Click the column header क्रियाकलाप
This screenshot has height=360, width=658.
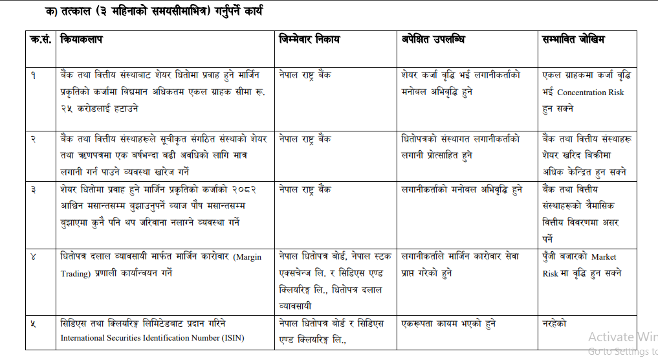(x=82, y=40)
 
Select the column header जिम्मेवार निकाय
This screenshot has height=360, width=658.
(x=310, y=40)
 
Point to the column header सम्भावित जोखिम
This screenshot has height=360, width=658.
(x=574, y=40)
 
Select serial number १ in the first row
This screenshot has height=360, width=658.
(x=34, y=75)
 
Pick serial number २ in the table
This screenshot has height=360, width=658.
(x=34, y=139)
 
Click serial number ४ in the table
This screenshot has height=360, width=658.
(x=34, y=256)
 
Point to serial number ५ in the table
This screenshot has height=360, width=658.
(x=34, y=322)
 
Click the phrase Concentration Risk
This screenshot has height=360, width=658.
(x=590, y=93)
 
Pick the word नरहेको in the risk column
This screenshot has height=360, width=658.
(x=554, y=322)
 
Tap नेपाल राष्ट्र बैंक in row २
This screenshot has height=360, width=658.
(x=305, y=139)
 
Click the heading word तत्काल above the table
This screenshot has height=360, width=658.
(x=65, y=12)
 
